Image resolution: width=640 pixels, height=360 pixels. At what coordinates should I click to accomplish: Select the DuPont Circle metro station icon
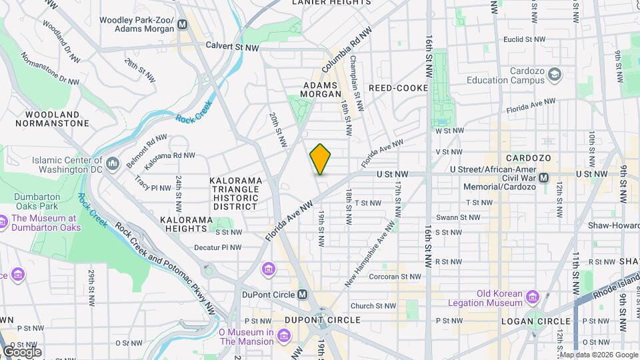point(303,295)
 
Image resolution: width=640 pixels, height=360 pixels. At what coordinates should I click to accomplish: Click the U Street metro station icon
point(544,178)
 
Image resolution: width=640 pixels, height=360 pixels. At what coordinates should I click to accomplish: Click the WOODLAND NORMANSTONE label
point(52,119)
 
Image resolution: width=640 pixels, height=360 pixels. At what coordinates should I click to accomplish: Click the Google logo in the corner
point(22,351)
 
